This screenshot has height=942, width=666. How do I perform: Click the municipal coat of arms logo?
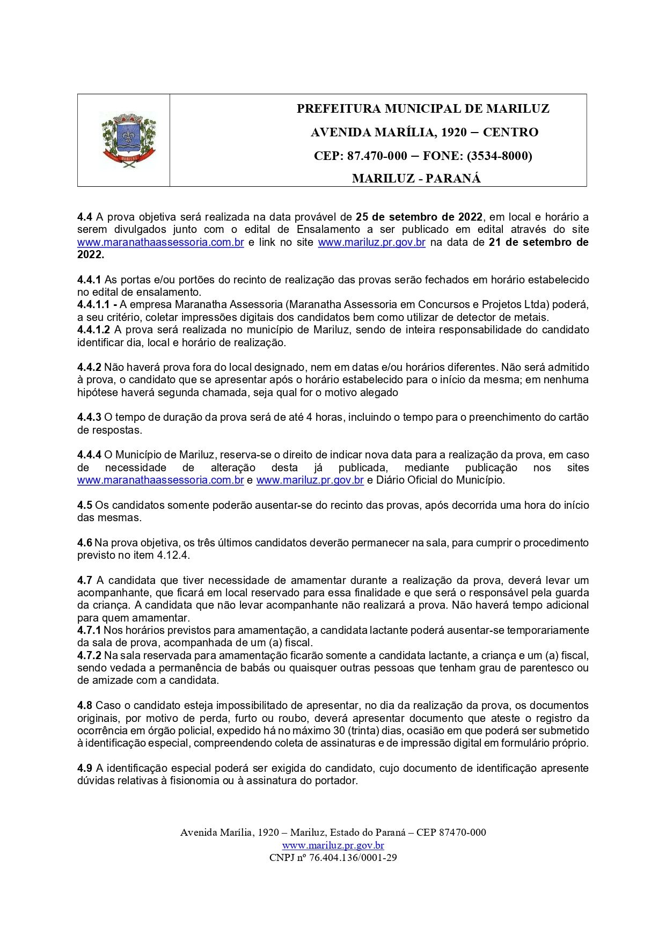(x=128, y=141)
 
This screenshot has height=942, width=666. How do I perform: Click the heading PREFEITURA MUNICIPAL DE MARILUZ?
(x=423, y=108)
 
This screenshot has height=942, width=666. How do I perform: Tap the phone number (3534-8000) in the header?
(x=499, y=156)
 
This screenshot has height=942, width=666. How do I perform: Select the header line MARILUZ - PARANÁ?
(x=416, y=179)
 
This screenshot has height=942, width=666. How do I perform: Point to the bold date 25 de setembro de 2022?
(x=419, y=217)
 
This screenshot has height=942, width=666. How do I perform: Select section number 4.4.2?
(x=89, y=367)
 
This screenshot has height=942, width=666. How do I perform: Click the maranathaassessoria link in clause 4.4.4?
(x=160, y=480)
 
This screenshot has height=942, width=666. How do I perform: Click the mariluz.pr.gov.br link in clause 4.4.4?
(x=310, y=480)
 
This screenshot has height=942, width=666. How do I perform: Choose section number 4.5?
(x=85, y=505)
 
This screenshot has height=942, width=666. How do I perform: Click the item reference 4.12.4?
(x=173, y=556)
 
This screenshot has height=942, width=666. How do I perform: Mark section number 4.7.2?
(x=89, y=655)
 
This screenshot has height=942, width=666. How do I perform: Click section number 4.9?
(x=85, y=768)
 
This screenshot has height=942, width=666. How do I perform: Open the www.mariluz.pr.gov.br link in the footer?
(x=333, y=845)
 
